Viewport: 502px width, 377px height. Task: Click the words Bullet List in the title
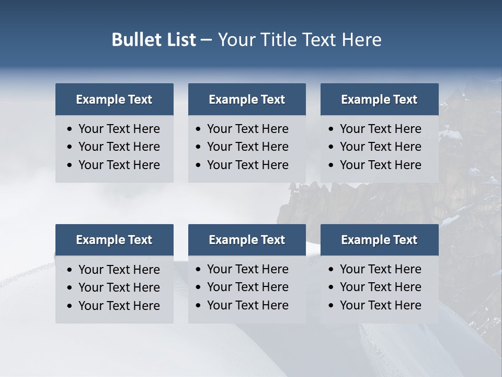tap(154, 40)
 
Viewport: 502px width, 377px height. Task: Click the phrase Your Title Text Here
tap(300, 40)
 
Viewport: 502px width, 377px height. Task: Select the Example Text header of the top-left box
tap(114, 99)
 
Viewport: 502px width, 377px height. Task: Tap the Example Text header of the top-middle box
tap(247, 99)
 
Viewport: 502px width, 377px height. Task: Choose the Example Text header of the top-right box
tap(379, 99)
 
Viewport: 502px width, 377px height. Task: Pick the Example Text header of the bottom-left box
tap(114, 240)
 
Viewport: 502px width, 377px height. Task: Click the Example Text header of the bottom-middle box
tap(247, 240)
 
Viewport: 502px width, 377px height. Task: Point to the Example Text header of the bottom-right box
tap(379, 240)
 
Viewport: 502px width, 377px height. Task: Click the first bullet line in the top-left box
tap(119, 129)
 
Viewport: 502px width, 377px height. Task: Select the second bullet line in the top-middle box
tap(247, 147)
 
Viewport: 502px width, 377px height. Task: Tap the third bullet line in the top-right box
tap(380, 165)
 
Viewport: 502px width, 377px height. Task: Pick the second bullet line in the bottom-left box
tap(119, 287)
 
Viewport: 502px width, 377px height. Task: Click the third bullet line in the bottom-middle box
tap(247, 305)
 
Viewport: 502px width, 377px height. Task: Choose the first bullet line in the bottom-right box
tap(380, 269)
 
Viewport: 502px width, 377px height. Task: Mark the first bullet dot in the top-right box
tap(331, 129)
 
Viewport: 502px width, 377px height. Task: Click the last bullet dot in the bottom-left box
tap(70, 306)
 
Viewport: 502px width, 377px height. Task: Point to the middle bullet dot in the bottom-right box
tap(331, 287)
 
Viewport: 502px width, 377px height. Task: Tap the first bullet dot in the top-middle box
tap(198, 129)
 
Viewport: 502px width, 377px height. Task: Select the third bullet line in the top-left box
tap(119, 165)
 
